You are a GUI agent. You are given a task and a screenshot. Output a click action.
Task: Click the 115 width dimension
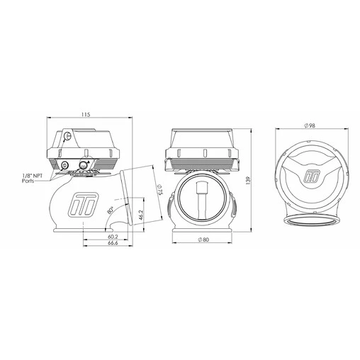(86, 113)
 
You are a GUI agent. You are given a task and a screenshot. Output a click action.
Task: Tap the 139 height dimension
(246, 181)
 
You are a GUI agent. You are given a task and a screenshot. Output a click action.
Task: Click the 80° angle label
(109, 210)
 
